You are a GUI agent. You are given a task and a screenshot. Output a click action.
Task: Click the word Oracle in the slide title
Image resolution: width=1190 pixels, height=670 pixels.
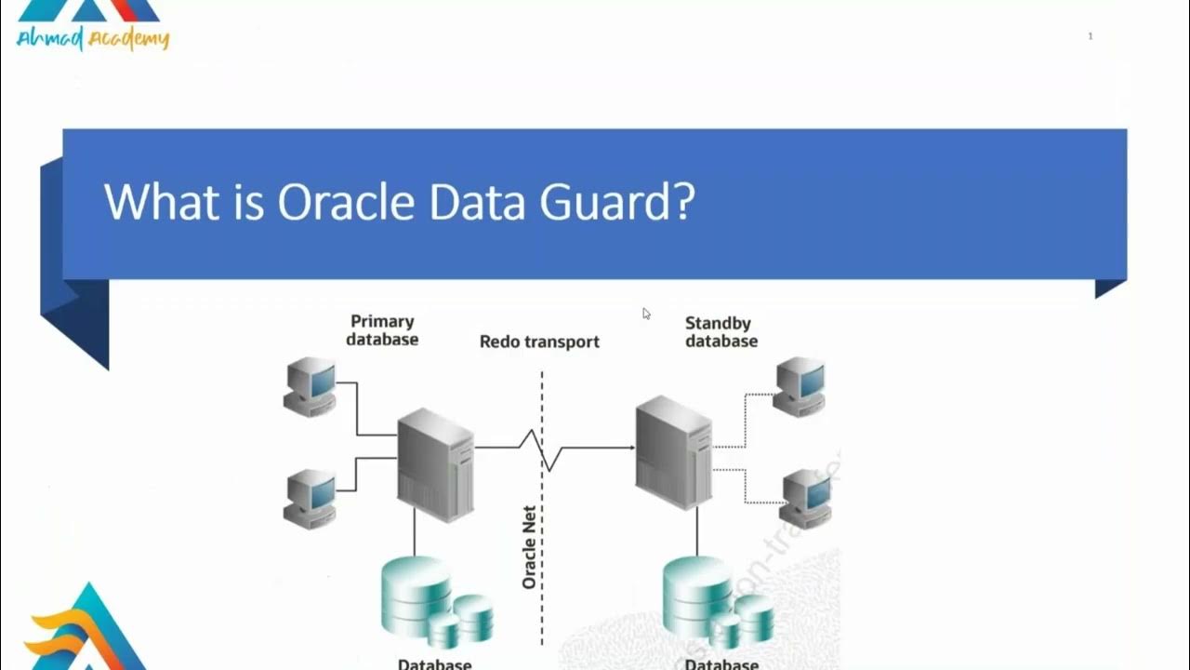[345, 202]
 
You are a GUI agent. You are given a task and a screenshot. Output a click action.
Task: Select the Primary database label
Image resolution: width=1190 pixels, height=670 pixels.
[382, 330]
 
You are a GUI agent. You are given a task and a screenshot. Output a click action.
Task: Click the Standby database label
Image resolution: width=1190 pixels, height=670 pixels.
[721, 332]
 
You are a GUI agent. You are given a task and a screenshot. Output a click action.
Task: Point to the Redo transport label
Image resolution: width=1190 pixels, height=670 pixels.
[539, 342]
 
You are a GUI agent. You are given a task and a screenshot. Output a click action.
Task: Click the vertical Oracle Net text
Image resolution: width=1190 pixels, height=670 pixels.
[529, 547]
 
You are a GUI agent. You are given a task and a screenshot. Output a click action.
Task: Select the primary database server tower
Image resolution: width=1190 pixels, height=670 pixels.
[435, 463]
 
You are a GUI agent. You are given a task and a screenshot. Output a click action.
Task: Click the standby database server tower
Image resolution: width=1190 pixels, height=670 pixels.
[674, 452]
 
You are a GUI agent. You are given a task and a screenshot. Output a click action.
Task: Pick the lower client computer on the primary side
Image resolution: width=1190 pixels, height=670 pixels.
[310, 498]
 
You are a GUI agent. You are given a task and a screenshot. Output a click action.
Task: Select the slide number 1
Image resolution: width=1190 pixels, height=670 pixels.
[1091, 36]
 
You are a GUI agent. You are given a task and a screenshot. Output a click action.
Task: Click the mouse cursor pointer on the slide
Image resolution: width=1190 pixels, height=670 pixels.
[646, 314]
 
